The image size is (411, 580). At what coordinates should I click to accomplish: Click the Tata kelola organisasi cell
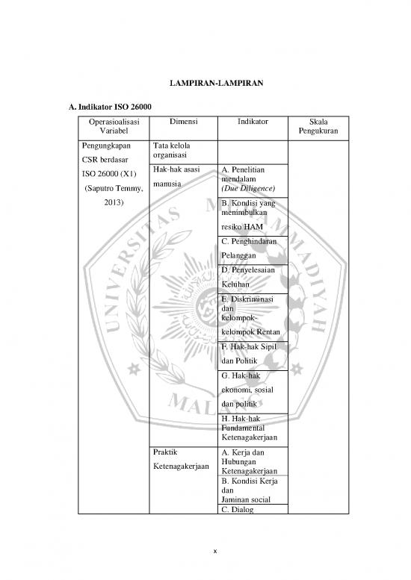(x=170, y=150)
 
